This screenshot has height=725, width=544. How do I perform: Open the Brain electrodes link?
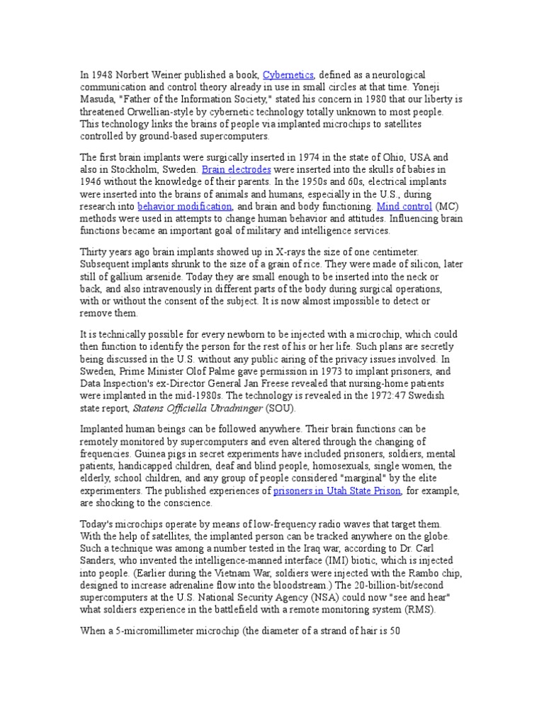(229, 169)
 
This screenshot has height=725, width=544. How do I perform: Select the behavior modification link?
(185, 206)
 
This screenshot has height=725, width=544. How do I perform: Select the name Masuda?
(96, 100)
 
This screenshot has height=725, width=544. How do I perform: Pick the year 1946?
(91, 181)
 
